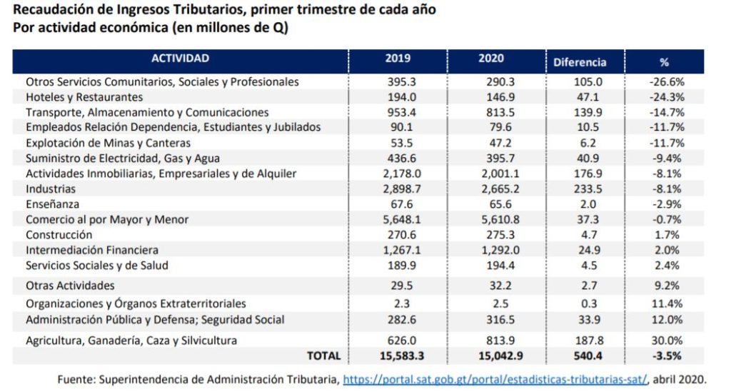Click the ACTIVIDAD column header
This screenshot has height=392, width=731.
pos(180,59)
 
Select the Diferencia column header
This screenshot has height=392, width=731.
pos(580,62)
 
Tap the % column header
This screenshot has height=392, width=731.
pos(664,62)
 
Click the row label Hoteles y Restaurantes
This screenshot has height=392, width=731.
pos(84,97)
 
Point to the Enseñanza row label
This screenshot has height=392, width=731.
pos(51,204)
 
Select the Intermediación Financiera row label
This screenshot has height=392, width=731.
pos(92,251)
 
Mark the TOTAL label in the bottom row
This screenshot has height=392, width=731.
pos(323,356)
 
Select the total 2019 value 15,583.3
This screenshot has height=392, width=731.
pos(398,356)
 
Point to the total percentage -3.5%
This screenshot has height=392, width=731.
pos(667,356)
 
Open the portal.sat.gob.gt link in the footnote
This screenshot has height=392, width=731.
pos(495,379)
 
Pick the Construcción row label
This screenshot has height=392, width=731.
pos(59,235)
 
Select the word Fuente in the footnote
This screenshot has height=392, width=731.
pos(76,379)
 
